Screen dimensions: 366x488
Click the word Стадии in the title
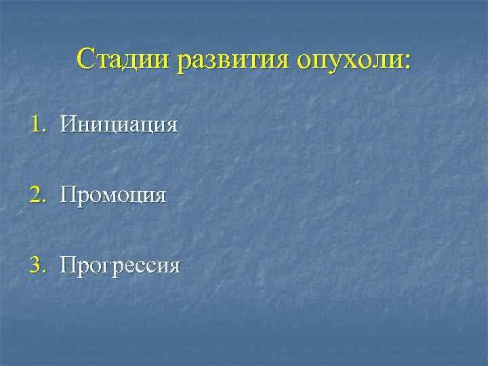tap(123, 59)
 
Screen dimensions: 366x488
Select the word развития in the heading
tap(232, 59)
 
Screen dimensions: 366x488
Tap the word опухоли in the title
tap(350, 59)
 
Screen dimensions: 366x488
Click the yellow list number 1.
tap(35, 124)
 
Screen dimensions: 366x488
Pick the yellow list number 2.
tap(35, 195)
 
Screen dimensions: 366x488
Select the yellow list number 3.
tap(35, 265)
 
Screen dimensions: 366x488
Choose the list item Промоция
tap(113, 196)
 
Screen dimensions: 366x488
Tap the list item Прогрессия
tap(120, 266)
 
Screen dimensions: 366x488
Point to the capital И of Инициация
tap(67, 124)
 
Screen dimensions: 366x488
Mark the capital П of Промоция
tap(67, 195)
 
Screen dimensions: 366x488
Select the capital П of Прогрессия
tap(67, 265)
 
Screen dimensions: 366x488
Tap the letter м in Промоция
tap(110, 197)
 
